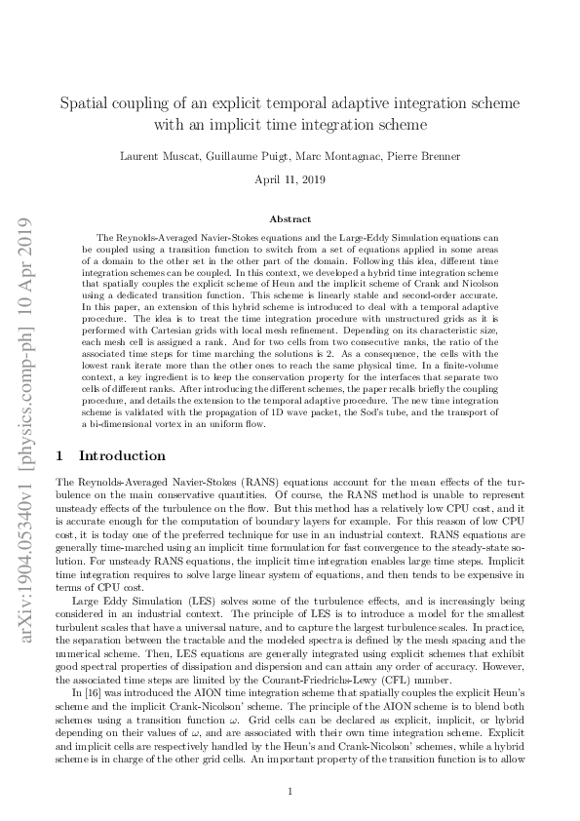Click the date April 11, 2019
pos(290,180)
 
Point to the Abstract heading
pos(290,220)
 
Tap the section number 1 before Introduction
pos(61,455)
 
